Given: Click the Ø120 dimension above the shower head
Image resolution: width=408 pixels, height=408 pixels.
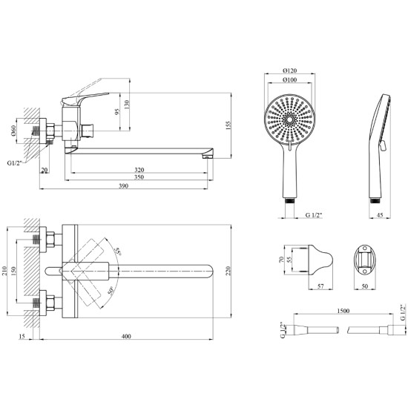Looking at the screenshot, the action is [x=289, y=70].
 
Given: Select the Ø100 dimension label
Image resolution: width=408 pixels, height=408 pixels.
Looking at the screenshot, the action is [x=289, y=80].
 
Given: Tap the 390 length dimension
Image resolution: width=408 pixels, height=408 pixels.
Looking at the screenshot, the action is [x=124, y=185].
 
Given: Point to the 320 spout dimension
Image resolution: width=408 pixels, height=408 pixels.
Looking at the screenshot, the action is [x=139, y=170].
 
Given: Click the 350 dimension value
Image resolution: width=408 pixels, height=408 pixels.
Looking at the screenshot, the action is [x=139, y=177].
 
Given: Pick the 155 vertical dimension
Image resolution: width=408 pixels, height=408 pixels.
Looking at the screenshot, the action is [x=228, y=125].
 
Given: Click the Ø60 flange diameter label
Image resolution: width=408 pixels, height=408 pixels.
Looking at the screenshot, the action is [x=13, y=131].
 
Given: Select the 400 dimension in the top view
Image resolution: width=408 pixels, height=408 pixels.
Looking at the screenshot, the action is [x=126, y=336].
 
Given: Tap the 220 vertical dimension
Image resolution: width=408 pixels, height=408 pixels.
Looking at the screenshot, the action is [x=228, y=271].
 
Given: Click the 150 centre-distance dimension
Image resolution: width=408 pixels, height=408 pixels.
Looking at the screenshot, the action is [x=13, y=271].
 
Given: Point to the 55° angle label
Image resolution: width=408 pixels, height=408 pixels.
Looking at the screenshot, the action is [x=118, y=251].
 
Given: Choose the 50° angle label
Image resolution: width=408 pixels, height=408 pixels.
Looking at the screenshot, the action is [x=111, y=291].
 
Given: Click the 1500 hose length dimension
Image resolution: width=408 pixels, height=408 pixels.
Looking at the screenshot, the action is [x=343, y=311].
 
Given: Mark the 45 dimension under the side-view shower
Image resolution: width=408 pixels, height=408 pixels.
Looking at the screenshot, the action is [x=380, y=215].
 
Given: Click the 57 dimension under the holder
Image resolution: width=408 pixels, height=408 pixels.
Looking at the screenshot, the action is [x=320, y=286].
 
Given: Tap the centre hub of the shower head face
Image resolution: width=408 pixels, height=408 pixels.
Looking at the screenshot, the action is [x=289, y=119].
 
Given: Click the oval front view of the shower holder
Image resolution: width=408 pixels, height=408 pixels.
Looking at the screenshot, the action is [x=364, y=260].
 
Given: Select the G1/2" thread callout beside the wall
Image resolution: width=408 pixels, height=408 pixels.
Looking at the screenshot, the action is [x=15, y=163].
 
